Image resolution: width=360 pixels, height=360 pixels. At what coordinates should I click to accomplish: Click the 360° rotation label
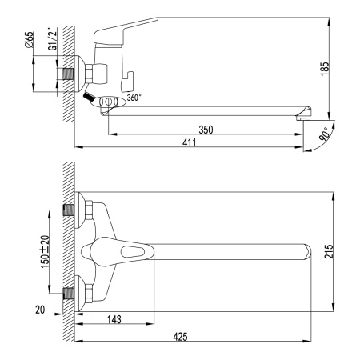tap(134, 98)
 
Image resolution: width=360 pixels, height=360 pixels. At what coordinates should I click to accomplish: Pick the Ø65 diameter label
tap(30, 40)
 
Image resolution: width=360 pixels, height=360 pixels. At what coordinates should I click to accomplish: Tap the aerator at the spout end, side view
tap(302, 115)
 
